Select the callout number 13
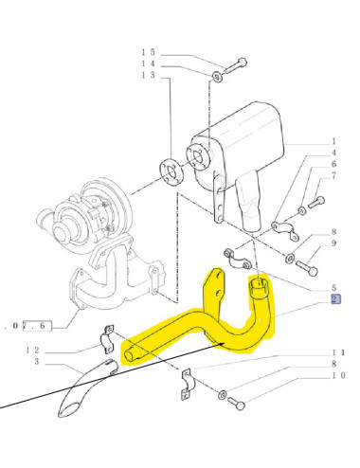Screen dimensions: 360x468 pyautogui.click(x=148, y=75)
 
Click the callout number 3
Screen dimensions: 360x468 pyautogui.click(x=36, y=362)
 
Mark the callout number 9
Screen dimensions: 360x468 pyautogui.click(x=333, y=243)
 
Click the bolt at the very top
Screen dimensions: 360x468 pyautogui.click(x=238, y=63)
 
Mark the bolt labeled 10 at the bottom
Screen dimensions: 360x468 pyautogui.click(x=239, y=405)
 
